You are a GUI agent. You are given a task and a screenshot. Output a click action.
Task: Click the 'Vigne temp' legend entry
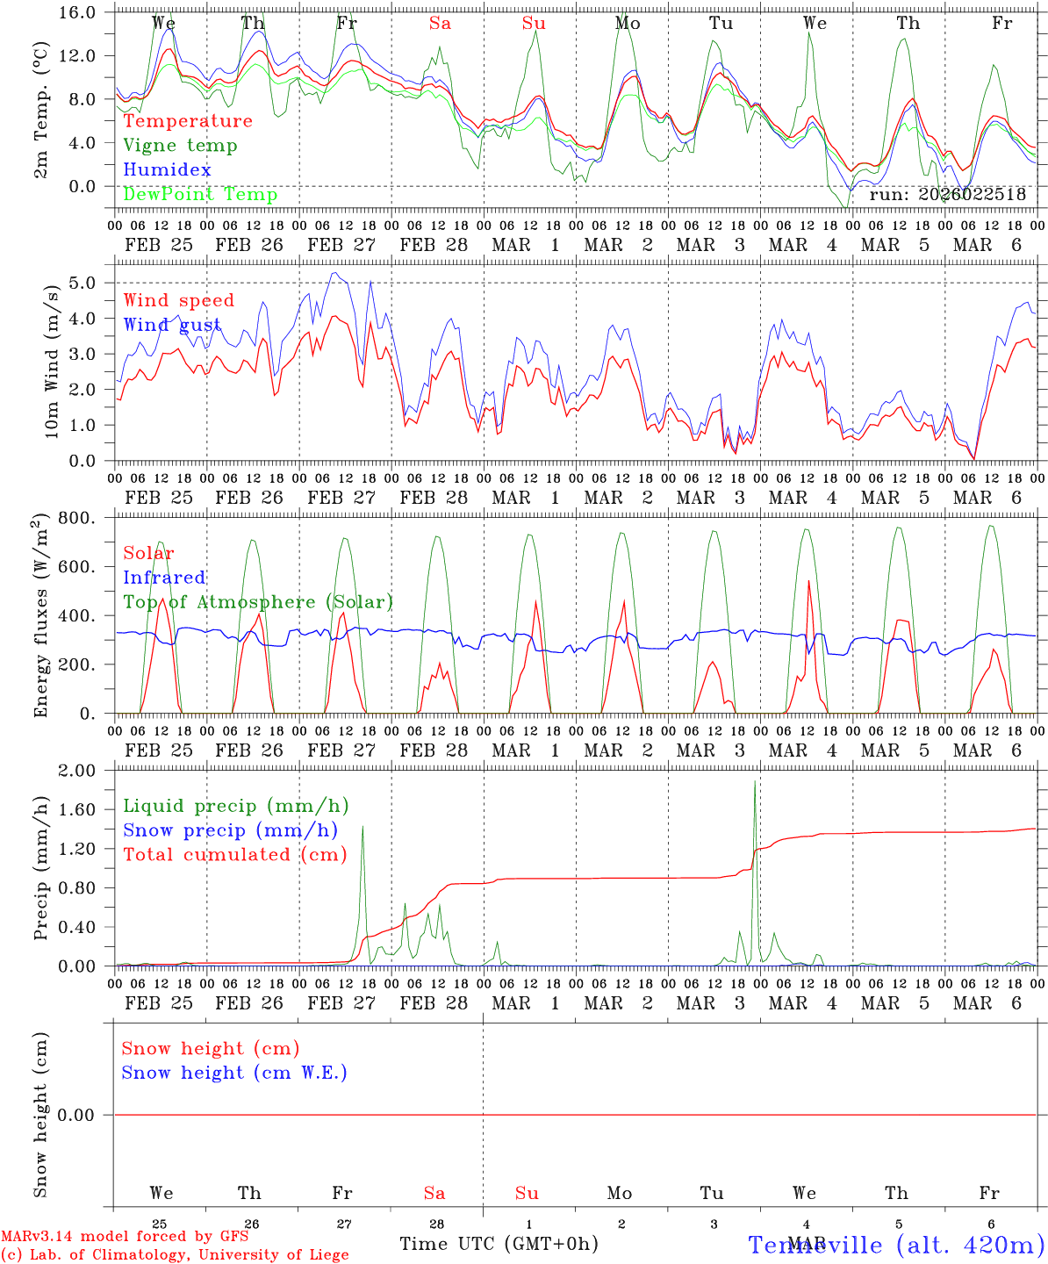[180, 146]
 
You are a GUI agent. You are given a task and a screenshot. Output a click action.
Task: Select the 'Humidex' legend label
[168, 170]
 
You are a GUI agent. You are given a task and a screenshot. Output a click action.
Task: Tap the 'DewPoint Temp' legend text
[200, 195]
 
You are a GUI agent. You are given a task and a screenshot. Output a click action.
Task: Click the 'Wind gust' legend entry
[172, 325]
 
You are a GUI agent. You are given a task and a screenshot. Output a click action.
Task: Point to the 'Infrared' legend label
[164, 578]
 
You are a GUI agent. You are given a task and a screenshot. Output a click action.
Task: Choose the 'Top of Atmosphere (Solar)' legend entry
[258, 602]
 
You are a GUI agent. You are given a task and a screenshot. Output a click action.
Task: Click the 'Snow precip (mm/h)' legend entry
[231, 830]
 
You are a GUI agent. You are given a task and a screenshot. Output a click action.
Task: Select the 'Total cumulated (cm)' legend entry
[235, 855]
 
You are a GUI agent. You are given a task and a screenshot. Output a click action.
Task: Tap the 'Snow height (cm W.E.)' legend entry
[234, 1073]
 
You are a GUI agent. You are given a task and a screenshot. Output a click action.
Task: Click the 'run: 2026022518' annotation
[947, 195]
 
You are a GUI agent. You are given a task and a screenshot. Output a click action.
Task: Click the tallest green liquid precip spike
[755, 781]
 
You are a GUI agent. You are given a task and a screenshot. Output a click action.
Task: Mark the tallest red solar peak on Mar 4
[808, 581]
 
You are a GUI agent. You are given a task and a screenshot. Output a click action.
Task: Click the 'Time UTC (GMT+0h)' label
[499, 1244]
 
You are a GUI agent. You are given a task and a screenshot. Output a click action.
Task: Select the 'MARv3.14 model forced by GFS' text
[125, 1237]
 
